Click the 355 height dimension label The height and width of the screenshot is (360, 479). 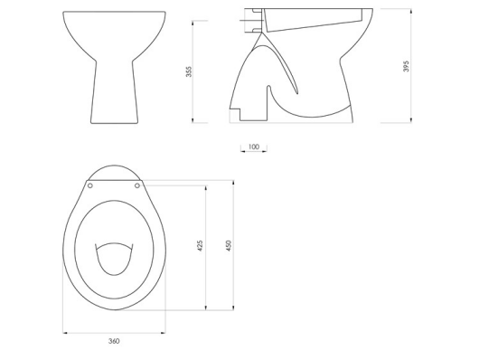click(x=189, y=71)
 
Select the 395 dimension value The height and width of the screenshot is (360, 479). click(x=406, y=66)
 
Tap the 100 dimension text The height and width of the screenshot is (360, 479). click(x=253, y=146)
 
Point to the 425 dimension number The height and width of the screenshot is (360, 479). click(x=200, y=245)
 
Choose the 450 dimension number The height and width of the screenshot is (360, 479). click(x=229, y=245)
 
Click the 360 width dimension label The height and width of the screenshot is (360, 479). click(x=114, y=340)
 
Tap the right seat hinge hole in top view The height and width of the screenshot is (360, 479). click(x=137, y=185)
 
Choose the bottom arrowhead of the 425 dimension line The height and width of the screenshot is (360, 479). click(x=207, y=308)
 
